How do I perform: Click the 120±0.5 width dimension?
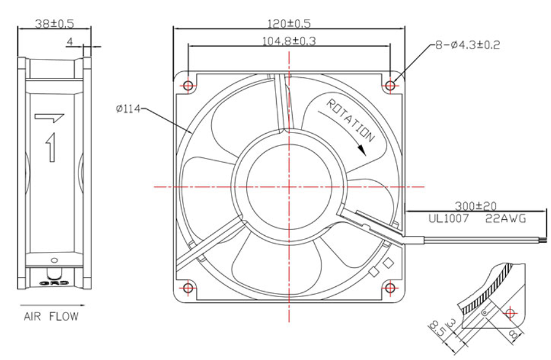coord(289,24)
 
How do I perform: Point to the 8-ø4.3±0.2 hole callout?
coord(467,45)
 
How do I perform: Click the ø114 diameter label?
coord(128,109)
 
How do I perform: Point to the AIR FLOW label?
coord(50,316)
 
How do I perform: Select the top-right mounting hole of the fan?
coord(390,86)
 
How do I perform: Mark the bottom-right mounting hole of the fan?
coord(390,289)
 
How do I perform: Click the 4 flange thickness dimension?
coord(69,42)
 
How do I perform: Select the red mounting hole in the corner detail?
coord(509,312)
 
